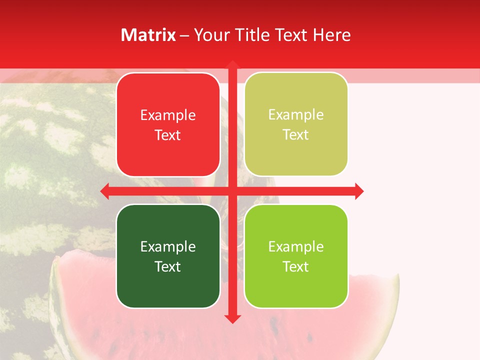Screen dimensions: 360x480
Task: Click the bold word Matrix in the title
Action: [x=148, y=35]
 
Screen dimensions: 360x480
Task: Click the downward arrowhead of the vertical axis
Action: [x=232, y=319]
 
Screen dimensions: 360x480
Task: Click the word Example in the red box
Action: [x=168, y=115]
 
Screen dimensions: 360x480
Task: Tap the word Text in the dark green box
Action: [x=168, y=266]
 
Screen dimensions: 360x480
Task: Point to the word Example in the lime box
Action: [x=296, y=246]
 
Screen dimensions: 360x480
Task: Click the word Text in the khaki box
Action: [x=296, y=135]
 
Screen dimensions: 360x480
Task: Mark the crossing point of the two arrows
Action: [x=232, y=191]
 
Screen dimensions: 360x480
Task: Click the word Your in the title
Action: [x=210, y=35]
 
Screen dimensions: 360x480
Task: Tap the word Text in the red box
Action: [x=168, y=135]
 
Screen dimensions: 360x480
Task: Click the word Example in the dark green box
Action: [x=168, y=246]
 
